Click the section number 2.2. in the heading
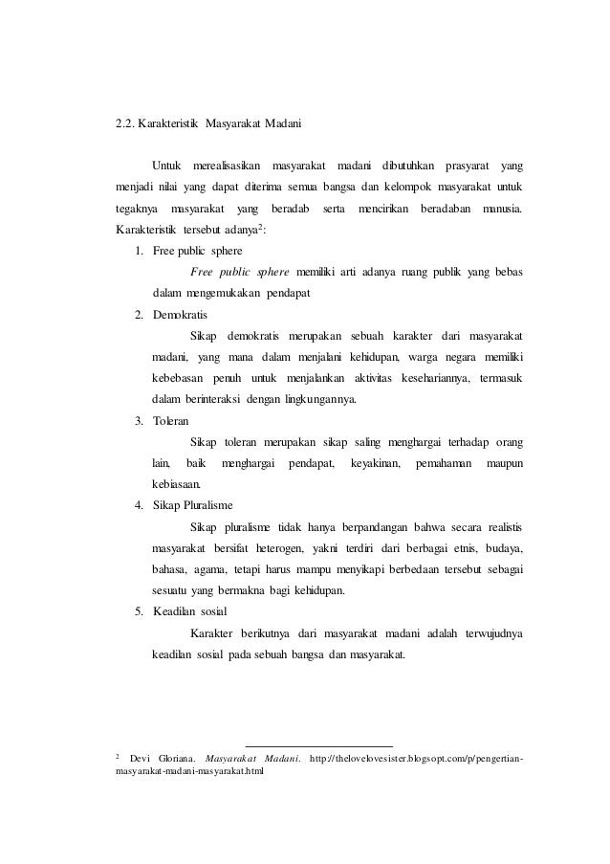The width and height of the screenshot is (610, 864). pos(124,122)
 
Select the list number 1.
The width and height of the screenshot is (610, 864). pos(140,252)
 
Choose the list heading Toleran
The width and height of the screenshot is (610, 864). pos(171,420)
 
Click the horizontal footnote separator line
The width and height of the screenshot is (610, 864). pos(319,744)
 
